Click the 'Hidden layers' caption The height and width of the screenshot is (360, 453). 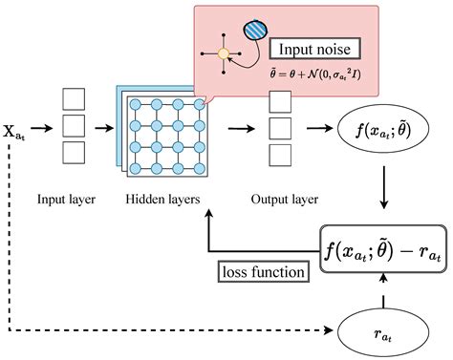coord(162,200)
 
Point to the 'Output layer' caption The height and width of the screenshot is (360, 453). coord(285,200)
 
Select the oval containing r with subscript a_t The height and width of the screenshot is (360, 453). coord(381,332)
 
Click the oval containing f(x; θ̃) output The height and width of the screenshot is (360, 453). coord(381,127)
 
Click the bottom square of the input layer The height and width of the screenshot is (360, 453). coord(74,153)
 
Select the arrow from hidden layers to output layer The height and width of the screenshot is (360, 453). coord(242,127)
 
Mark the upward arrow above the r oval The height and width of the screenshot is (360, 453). coord(381,286)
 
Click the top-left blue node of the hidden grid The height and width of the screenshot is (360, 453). coord(134,103)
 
